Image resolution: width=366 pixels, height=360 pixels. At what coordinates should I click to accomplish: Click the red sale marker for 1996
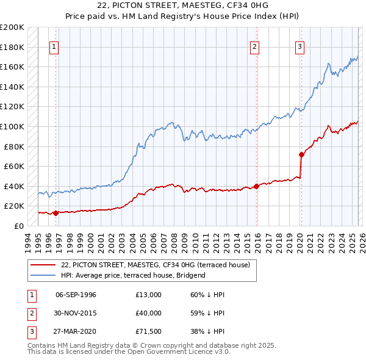56,213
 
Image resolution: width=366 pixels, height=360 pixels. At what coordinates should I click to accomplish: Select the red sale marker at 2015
256,186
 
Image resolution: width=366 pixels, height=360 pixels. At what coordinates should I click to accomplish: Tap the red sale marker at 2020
301,154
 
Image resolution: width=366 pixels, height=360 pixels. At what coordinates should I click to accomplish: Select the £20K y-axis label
14,206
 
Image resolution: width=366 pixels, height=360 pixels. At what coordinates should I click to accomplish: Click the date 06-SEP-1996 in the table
76,295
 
